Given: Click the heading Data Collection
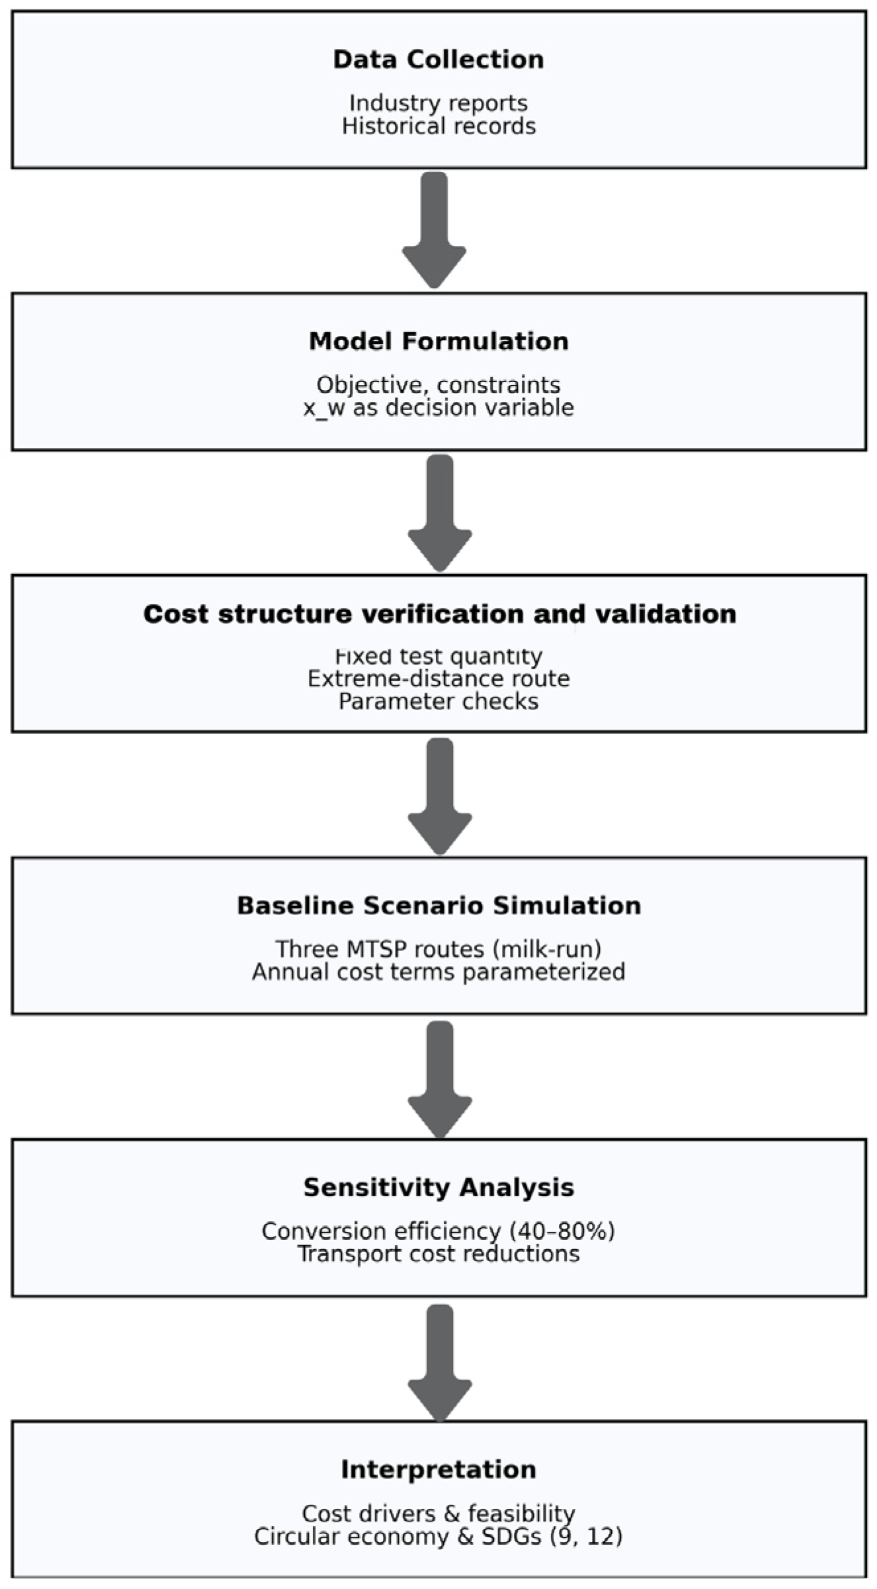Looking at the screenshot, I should click(438, 60).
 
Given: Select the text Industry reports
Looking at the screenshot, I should click(438, 103).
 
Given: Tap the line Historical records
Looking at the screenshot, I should click(438, 126).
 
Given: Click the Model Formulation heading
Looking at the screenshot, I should click(438, 341).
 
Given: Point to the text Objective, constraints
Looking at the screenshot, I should click(438, 385).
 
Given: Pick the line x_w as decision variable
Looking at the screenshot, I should click(438, 407).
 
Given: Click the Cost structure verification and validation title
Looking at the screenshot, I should click(439, 614).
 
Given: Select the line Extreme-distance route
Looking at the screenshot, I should click(438, 679).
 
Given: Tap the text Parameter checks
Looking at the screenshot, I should click(438, 701).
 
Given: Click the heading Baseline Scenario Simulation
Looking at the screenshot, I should click(438, 905).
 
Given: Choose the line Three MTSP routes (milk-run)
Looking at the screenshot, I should click(438, 949).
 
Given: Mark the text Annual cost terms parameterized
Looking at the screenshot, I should click(438, 971).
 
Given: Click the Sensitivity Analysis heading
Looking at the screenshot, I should click(438, 1188).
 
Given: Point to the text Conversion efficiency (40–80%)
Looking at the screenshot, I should click(438, 1231).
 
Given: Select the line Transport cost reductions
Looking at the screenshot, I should click(438, 1254).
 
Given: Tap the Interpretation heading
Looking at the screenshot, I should click(438, 1470).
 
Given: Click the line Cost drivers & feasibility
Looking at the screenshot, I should click(438, 1514).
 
